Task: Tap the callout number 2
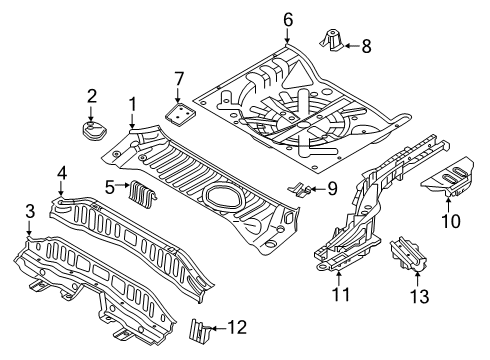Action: pos(91,96)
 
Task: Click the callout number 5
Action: pos(111,185)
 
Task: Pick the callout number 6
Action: pos(287,19)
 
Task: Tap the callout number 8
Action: pos(365,44)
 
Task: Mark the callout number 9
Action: pos(333,189)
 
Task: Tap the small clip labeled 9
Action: pos(299,187)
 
